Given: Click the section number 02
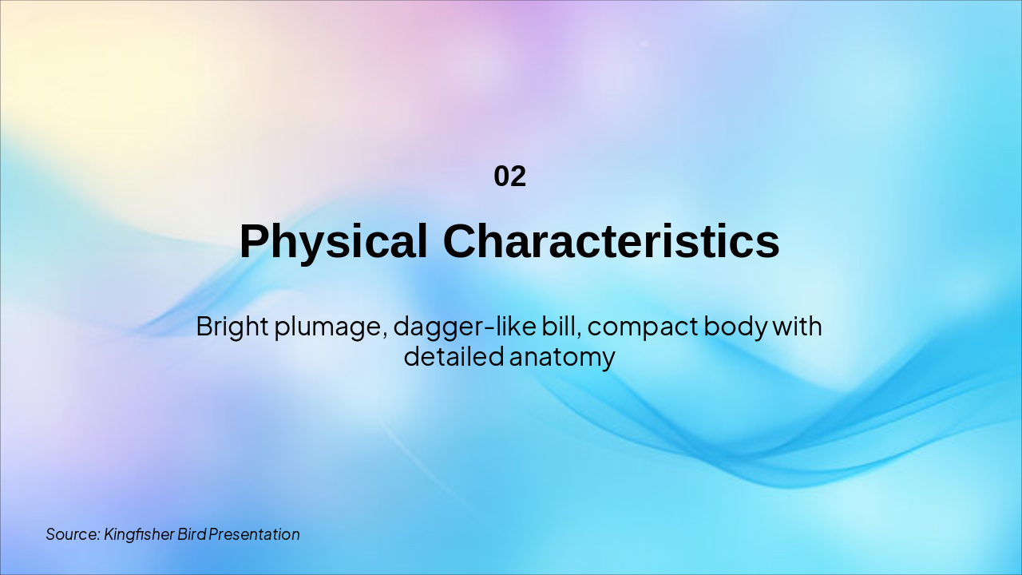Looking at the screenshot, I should click(509, 176).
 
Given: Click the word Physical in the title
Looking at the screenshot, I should click(333, 241).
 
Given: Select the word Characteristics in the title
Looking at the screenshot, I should click(611, 241).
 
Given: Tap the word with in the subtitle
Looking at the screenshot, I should click(798, 326).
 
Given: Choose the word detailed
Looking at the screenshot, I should click(453, 356).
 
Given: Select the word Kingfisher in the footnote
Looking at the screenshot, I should click(139, 534).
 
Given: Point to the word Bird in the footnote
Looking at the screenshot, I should click(192, 534).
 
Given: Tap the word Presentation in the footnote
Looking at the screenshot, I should click(255, 534).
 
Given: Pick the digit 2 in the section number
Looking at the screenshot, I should click(518, 176).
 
